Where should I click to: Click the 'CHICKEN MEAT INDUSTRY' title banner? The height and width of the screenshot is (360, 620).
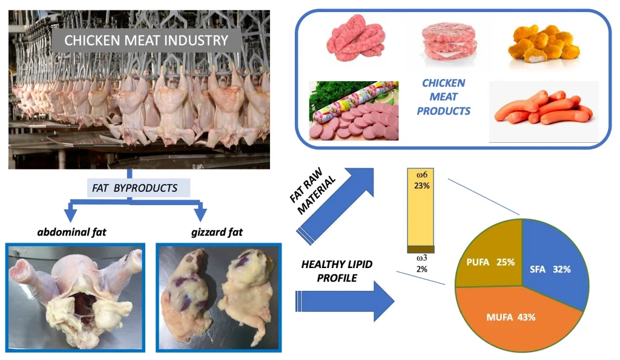tap(146, 41)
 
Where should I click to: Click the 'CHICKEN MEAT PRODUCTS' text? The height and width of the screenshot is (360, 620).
tap(443, 97)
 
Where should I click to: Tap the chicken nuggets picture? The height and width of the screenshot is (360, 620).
tap(541, 45)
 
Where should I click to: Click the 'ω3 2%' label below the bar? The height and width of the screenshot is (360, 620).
tap(421, 264)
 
